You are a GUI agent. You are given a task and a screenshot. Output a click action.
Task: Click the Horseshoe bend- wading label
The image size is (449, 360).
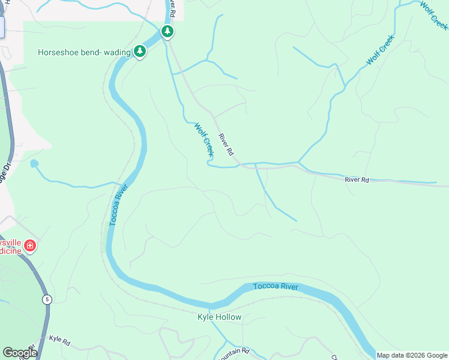84,52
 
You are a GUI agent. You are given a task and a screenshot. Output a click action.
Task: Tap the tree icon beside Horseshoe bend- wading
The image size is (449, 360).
140,52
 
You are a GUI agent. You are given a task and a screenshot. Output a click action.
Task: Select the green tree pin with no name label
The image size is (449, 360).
168,31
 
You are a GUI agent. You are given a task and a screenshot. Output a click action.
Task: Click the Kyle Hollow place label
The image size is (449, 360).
220,317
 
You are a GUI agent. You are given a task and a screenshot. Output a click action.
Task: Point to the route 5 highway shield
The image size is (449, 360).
46,299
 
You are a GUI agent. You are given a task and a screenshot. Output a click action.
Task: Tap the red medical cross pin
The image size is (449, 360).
30,246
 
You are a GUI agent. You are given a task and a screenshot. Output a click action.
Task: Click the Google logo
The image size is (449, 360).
19,353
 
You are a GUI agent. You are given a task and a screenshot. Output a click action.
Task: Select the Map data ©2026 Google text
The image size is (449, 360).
411,355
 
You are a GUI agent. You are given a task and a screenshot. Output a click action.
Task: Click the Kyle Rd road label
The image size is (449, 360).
59,341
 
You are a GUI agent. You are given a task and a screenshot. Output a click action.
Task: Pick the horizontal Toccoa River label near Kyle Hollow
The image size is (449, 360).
276,286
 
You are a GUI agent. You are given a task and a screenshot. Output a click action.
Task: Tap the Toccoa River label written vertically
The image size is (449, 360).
118,205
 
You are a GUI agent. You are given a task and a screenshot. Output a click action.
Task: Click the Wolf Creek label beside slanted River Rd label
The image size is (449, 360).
203,137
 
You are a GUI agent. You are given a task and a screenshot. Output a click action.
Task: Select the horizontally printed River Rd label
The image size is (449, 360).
357,179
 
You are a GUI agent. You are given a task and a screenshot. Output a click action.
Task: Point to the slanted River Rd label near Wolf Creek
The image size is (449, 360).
226,145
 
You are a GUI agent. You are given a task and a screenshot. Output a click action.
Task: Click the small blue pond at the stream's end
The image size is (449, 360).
34,164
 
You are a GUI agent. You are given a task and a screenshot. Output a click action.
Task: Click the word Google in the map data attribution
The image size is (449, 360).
433,355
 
